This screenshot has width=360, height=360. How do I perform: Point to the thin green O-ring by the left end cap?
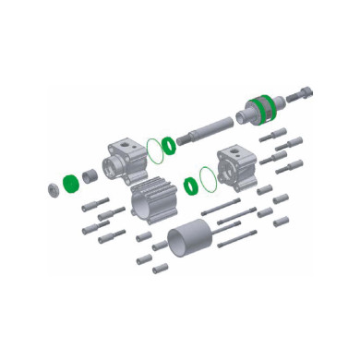coord(157,150)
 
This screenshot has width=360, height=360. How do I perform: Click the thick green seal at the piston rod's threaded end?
coord(169,145)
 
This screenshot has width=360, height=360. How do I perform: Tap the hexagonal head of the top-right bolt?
coord(307,92)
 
